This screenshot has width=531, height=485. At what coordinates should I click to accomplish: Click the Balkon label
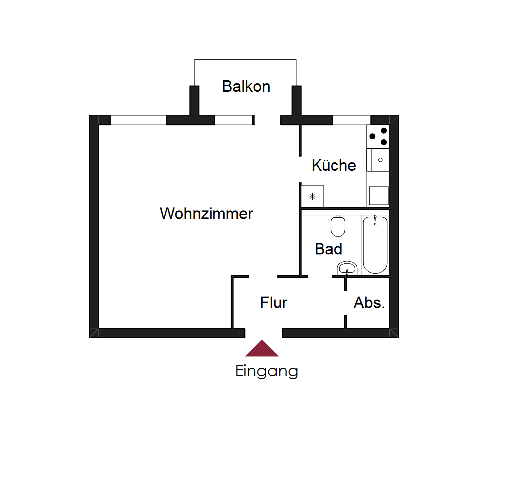coord(246,86)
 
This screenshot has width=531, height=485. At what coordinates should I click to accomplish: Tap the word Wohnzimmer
coord(206,214)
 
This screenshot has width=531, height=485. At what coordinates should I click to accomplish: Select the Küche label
coord(333,165)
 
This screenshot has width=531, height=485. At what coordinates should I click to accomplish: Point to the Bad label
coord(328,249)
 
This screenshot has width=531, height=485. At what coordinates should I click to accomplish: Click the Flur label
coord(274,303)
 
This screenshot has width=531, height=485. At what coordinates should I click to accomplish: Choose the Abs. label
coord(369,303)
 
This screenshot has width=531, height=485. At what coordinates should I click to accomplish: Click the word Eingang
coord(267,371)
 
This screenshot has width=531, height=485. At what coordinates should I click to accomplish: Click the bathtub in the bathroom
coord(375,245)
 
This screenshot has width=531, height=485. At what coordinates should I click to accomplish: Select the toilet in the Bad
coord(338,227)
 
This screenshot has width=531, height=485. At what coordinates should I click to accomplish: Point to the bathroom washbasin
coord(347,269)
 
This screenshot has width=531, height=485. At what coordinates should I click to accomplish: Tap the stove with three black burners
coord(378,136)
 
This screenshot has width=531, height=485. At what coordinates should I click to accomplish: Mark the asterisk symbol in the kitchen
coord(313,196)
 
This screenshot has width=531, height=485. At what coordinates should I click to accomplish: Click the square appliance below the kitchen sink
coord(378,196)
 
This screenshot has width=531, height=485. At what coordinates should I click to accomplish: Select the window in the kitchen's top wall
coord(351,120)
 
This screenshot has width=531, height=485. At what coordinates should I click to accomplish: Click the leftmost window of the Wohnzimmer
coord(138,120)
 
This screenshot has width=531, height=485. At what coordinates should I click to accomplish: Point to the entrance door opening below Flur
coord(264,333)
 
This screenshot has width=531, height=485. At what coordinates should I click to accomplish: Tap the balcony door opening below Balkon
coord(267,120)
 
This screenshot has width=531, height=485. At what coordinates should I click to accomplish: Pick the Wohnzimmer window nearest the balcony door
coord(233,120)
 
